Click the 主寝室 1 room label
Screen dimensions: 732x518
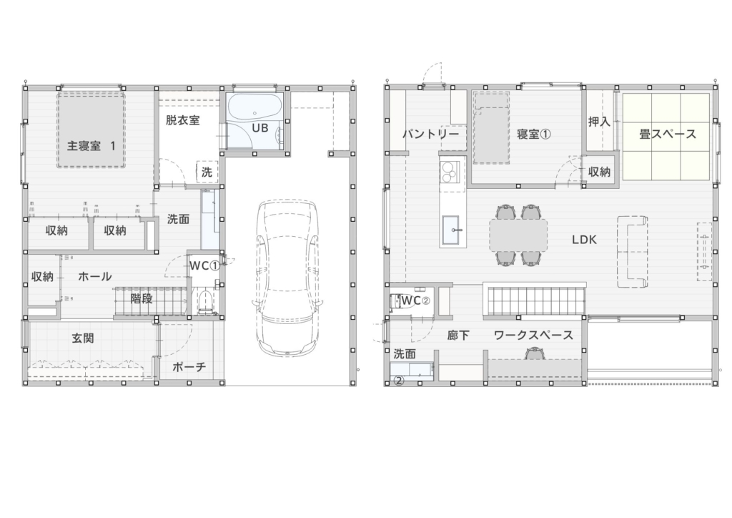click(x=91, y=146)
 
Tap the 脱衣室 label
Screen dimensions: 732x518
click(x=182, y=120)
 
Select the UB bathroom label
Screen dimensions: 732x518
click(x=260, y=127)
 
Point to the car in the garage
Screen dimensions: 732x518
click(x=287, y=278)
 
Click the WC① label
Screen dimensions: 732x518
click(x=204, y=265)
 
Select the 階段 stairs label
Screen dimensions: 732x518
click(x=141, y=298)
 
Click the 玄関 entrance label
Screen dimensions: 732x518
click(x=83, y=338)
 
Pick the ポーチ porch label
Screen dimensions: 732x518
click(x=189, y=366)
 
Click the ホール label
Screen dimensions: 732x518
click(x=95, y=276)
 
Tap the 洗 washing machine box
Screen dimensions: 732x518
click(x=207, y=172)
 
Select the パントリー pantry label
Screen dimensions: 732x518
click(x=430, y=135)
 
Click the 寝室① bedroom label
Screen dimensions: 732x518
click(x=533, y=135)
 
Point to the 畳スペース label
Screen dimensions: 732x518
click(x=667, y=135)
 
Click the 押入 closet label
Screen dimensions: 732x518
click(x=599, y=122)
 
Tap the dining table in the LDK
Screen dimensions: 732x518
click(x=518, y=235)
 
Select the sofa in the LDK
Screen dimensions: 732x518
click(x=633, y=252)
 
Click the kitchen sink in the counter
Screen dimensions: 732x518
click(x=453, y=230)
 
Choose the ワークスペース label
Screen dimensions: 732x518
click(x=533, y=335)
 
